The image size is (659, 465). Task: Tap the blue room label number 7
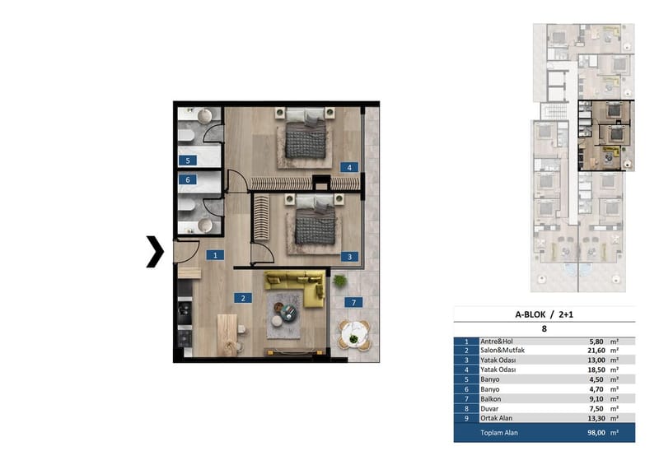[353, 302]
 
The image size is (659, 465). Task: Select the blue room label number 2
[243, 298]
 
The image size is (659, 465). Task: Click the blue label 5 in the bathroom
[188, 160]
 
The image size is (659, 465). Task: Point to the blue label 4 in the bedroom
[349, 167]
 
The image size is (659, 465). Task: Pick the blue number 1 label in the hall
[215, 255]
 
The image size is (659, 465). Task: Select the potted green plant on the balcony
[339, 281]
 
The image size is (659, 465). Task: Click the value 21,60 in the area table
[596, 351]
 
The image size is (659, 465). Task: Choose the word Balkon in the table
[490, 399]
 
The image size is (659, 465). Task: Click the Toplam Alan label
[499, 433]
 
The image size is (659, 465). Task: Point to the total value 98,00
[596, 433]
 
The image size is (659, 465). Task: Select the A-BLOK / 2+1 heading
[544, 314]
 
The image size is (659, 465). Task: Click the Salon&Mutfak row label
[502, 351]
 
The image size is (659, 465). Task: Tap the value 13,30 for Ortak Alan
[596, 418]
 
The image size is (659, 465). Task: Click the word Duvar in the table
[489, 409]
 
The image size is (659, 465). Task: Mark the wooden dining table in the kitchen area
[227, 335]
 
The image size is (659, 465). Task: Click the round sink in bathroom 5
[204, 116]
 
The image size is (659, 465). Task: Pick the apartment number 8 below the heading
[544, 328]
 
